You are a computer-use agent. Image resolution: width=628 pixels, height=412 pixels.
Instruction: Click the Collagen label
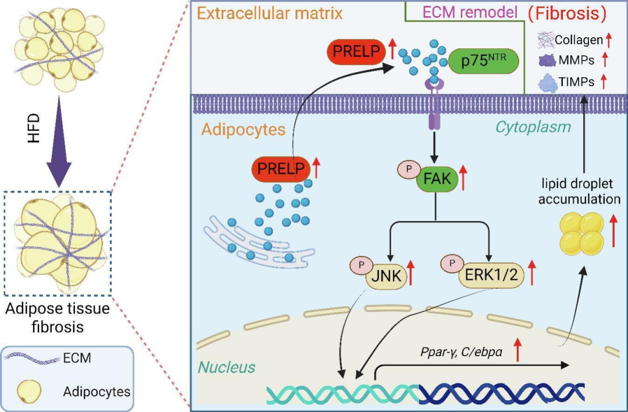[579, 40]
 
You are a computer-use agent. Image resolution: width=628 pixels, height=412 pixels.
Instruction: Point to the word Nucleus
[226, 367]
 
